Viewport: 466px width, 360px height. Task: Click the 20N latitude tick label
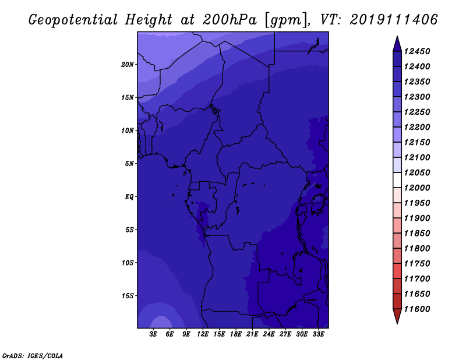point(128,65)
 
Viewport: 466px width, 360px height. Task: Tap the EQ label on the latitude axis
point(129,197)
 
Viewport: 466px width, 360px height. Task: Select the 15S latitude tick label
point(128,296)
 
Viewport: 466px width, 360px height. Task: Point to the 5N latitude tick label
point(129,164)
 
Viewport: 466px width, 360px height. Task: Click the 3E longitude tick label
point(153,334)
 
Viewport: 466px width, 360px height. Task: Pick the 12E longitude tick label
point(203,334)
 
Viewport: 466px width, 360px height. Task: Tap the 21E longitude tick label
point(252,334)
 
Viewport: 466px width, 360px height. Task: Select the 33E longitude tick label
point(318,334)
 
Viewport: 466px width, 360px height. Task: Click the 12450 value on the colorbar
point(417,51)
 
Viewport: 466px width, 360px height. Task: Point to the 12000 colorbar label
point(417,188)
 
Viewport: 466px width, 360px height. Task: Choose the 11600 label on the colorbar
point(417,309)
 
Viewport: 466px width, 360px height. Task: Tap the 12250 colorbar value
point(417,112)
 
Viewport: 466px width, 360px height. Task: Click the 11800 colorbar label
point(417,249)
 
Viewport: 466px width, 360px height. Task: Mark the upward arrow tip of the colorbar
point(397,36)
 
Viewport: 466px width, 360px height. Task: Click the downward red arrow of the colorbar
point(397,316)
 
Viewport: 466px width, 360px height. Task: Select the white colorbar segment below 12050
point(397,180)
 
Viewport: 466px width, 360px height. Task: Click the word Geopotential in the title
point(73,20)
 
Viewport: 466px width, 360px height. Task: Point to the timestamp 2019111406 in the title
point(394,20)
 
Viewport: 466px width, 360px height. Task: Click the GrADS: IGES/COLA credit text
point(33,356)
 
